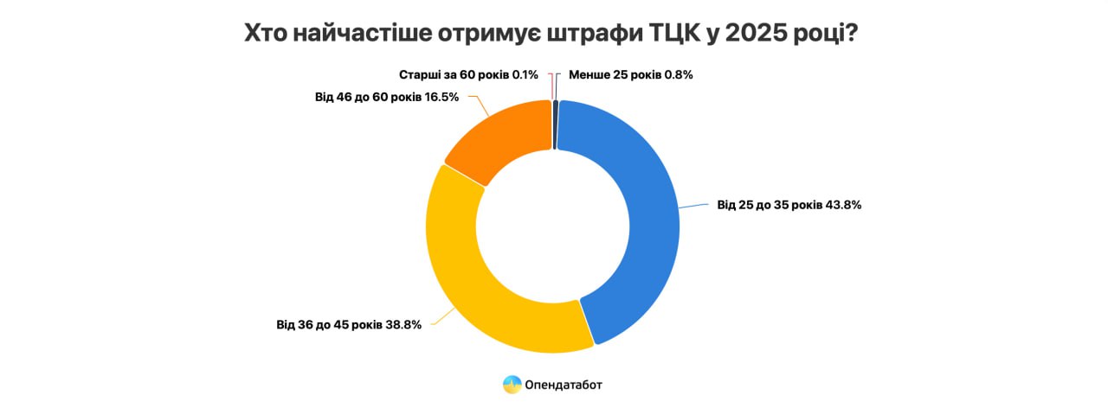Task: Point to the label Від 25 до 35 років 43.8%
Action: point(789,206)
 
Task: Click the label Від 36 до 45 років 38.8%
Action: point(349,325)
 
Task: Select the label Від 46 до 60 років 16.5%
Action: point(387,97)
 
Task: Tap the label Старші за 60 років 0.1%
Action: point(468,74)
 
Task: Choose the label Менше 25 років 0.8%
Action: point(630,74)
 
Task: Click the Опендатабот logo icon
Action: point(512,384)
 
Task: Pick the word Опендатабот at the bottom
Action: point(563,384)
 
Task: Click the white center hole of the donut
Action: point(553,226)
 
